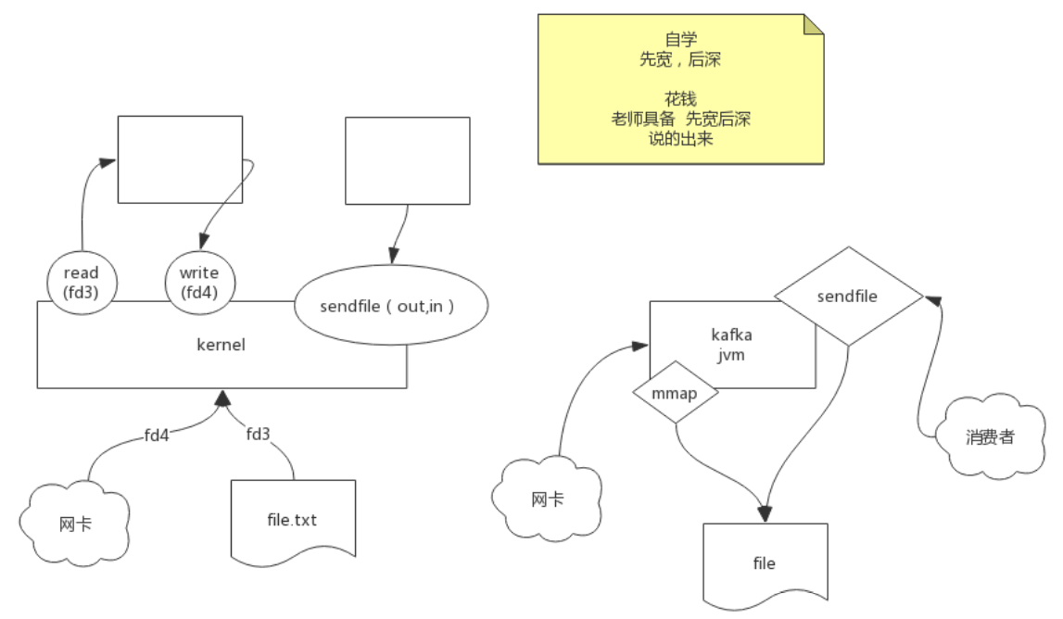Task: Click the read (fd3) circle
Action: point(81,282)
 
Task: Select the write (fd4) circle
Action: point(199,282)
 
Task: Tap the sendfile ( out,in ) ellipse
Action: point(390,307)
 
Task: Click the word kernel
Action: point(221,345)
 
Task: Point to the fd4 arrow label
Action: point(156,434)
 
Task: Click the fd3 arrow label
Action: point(259,434)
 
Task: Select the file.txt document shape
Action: point(293,519)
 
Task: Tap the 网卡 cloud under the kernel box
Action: point(74,524)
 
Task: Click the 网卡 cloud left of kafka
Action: point(547,499)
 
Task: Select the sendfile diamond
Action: point(848,297)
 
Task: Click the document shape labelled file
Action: point(764,562)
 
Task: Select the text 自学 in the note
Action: point(680,40)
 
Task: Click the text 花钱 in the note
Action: point(680,98)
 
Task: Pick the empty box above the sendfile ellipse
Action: point(407,160)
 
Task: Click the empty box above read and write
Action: point(180,158)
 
